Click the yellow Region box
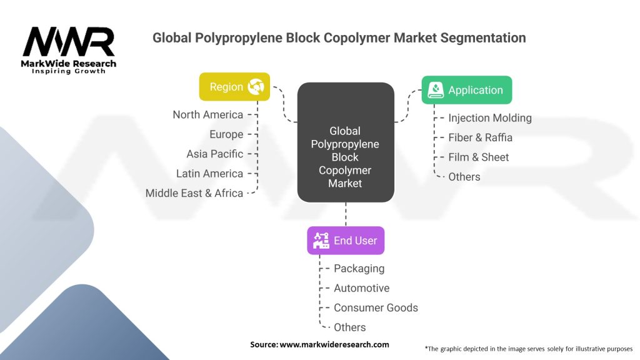pyautogui.click(x=234, y=86)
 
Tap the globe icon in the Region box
pyautogui.click(x=256, y=86)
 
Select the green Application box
pyautogui.click(x=466, y=90)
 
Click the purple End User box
pyautogui.click(x=346, y=241)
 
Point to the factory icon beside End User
pyautogui.click(x=321, y=241)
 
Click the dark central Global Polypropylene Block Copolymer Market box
pyautogui.click(x=346, y=142)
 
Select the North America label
pyautogui.click(x=207, y=115)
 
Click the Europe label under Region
pyautogui.click(x=226, y=134)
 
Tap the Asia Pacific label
pyautogui.click(x=215, y=154)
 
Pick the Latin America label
pyautogui.click(x=209, y=174)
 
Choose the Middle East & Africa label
pyautogui.click(x=194, y=193)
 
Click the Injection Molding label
pyautogui.click(x=490, y=118)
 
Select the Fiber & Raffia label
pyautogui.click(x=480, y=137)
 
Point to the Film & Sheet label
pyautogui.click(x=478, y=157)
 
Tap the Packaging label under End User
pyautogui.click(x=359, y=269)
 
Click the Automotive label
pyautogui.click(x=362, y=288)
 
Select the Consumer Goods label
pyautogui.click(x=376, y=307)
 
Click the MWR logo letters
pyautogui.click(x=69, y=41)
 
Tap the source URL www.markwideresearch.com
pyautogui.click(x=334, y=344)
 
